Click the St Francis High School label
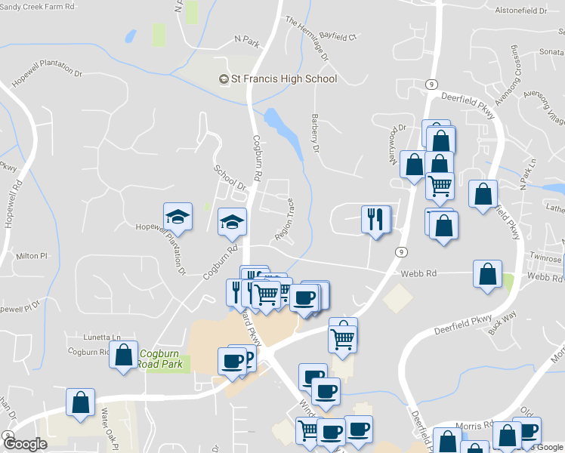[284, 79]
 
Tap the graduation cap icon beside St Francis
[224, 79]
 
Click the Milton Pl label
[32, 256]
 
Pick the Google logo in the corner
[25, 444]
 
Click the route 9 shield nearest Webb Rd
[400, 252]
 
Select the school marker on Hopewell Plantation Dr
[177, 217]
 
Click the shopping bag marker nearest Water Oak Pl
[80, 402]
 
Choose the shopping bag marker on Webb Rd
[488, 273]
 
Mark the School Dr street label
[230, 178]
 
